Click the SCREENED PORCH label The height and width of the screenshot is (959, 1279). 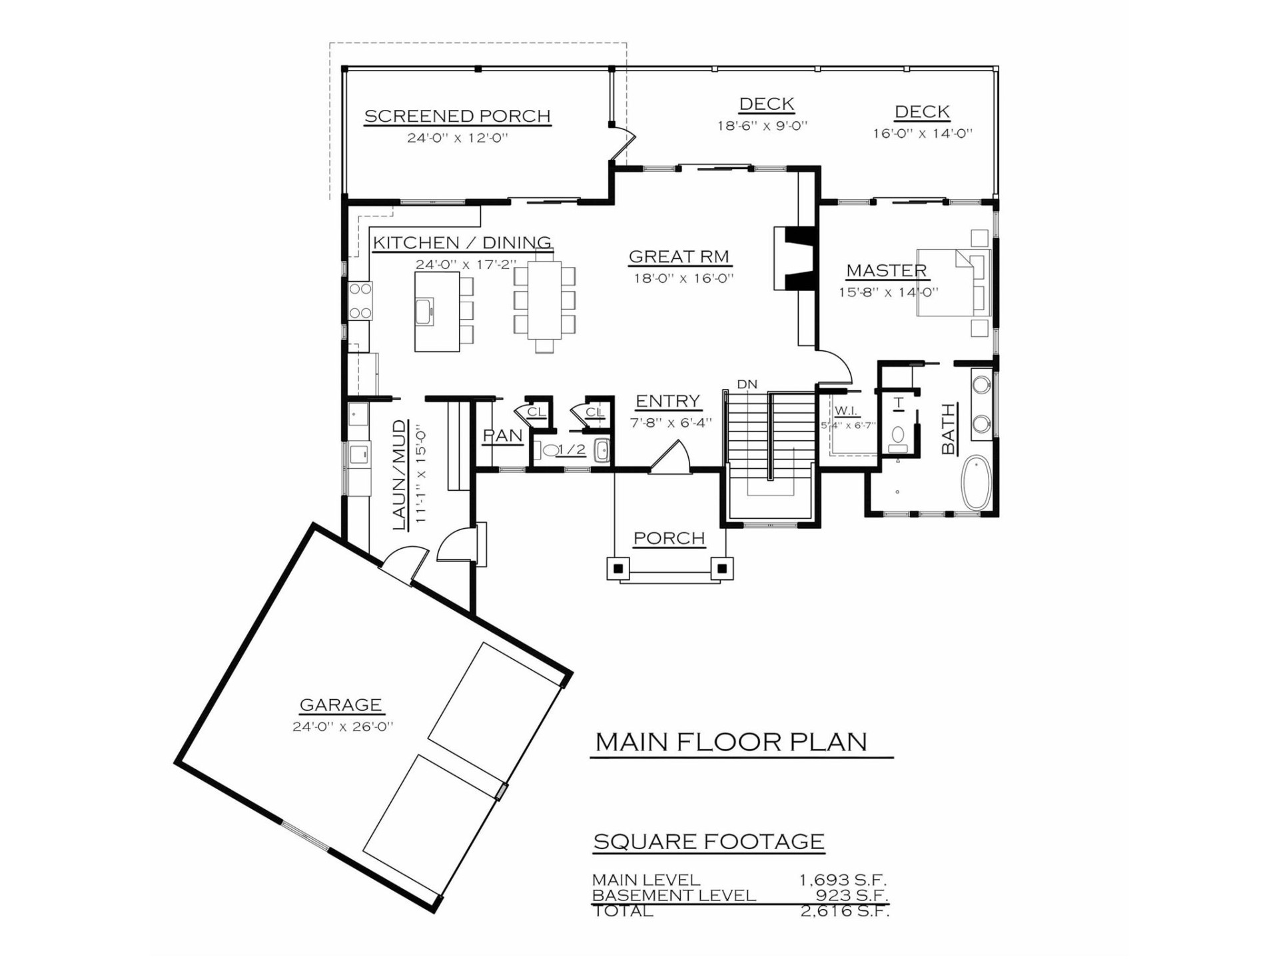[x=458, y=116]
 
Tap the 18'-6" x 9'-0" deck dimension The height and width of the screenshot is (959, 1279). [x=762, y=126]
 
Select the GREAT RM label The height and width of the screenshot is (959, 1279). [x=679, y=256]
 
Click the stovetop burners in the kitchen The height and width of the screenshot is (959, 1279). [x=360, y=300]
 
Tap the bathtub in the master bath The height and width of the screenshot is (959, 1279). [x=977, y=482]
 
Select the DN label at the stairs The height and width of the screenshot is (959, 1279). [x=747, y=384]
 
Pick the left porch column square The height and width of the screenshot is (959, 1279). [x=618, y=568]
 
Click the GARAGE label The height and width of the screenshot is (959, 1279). [x=340, y=705]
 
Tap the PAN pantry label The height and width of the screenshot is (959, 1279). [x=502, y=436]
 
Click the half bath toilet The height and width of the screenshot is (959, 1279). [x=550, y=450]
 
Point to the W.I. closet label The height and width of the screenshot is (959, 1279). [x=845, y=410]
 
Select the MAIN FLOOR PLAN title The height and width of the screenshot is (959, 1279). [x=731, y=742]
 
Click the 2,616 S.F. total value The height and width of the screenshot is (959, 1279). [x=845, y=912]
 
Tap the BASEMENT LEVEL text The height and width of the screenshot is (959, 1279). [x=673, y=896]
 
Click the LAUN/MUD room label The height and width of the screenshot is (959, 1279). [x=399, y=474]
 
